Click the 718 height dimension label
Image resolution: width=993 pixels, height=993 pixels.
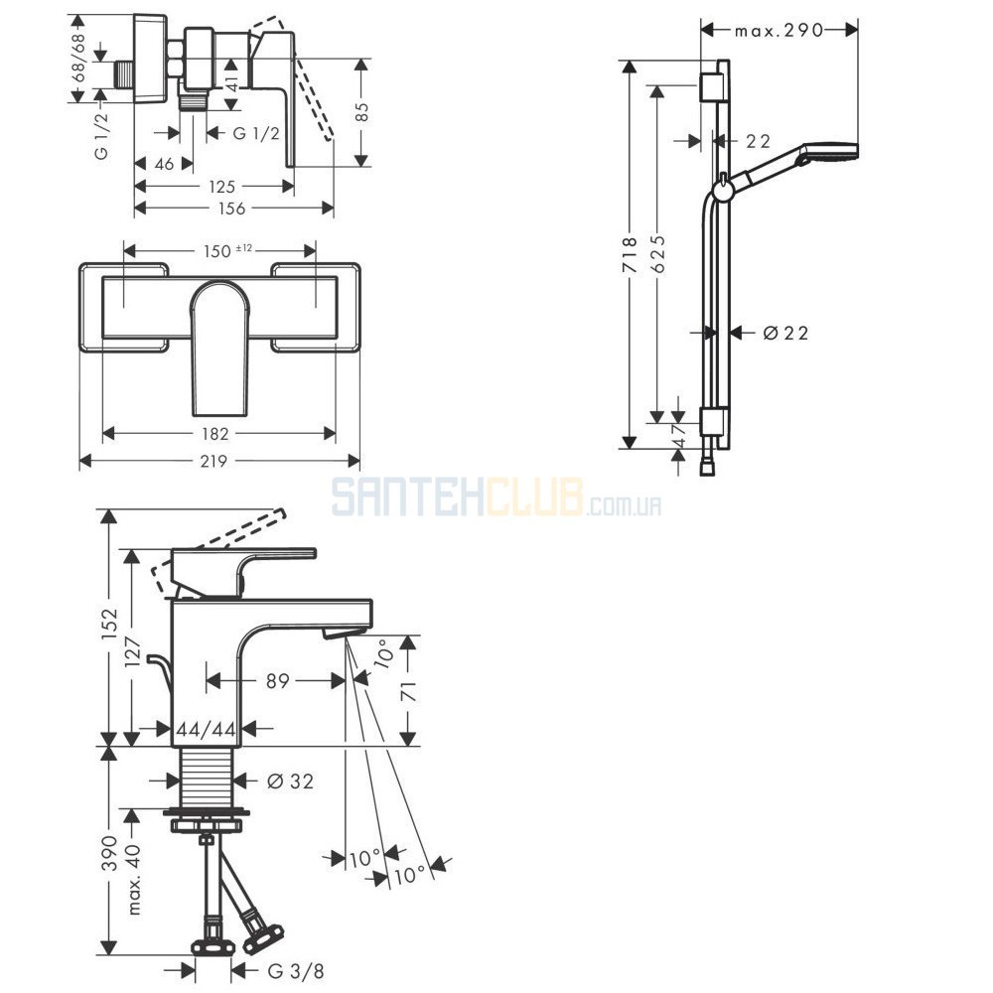click(629, 254)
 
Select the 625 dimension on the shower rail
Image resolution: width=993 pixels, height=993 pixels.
click(658, 254)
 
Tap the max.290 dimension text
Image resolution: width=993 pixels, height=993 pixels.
click(779, 30)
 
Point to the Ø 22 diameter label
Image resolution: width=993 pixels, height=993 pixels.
click(785, 333)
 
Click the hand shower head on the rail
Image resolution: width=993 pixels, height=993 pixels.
click(829, 153)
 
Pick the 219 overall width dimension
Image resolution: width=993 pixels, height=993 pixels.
click(213, 461)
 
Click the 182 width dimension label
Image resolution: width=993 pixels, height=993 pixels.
click(214, 434)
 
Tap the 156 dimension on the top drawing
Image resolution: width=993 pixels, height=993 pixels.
click(231, 209)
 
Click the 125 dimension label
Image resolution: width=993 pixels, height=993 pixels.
click(221, 187)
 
